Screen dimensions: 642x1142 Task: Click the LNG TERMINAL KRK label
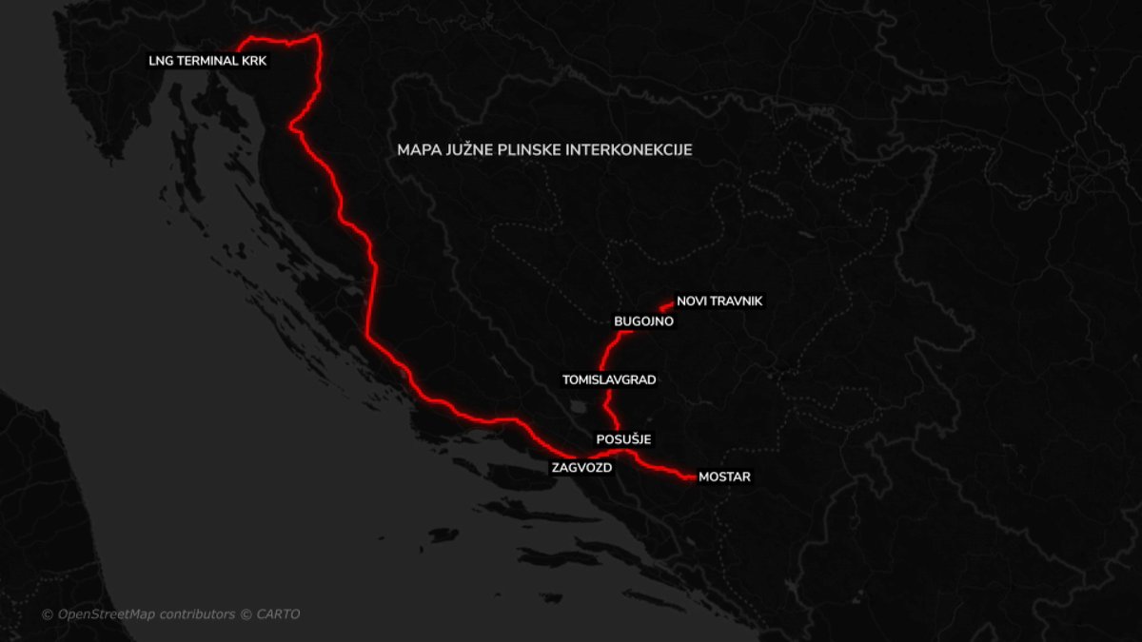208,60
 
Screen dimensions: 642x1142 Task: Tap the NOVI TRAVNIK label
719,301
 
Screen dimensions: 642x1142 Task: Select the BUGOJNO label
644,321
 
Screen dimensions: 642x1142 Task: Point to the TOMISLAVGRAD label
609,379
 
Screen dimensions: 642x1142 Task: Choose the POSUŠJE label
623,439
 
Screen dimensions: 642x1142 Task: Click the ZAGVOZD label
581,468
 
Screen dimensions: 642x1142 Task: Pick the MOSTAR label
724,477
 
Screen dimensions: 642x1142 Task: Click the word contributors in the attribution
196,614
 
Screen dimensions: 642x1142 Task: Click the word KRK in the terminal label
256,60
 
